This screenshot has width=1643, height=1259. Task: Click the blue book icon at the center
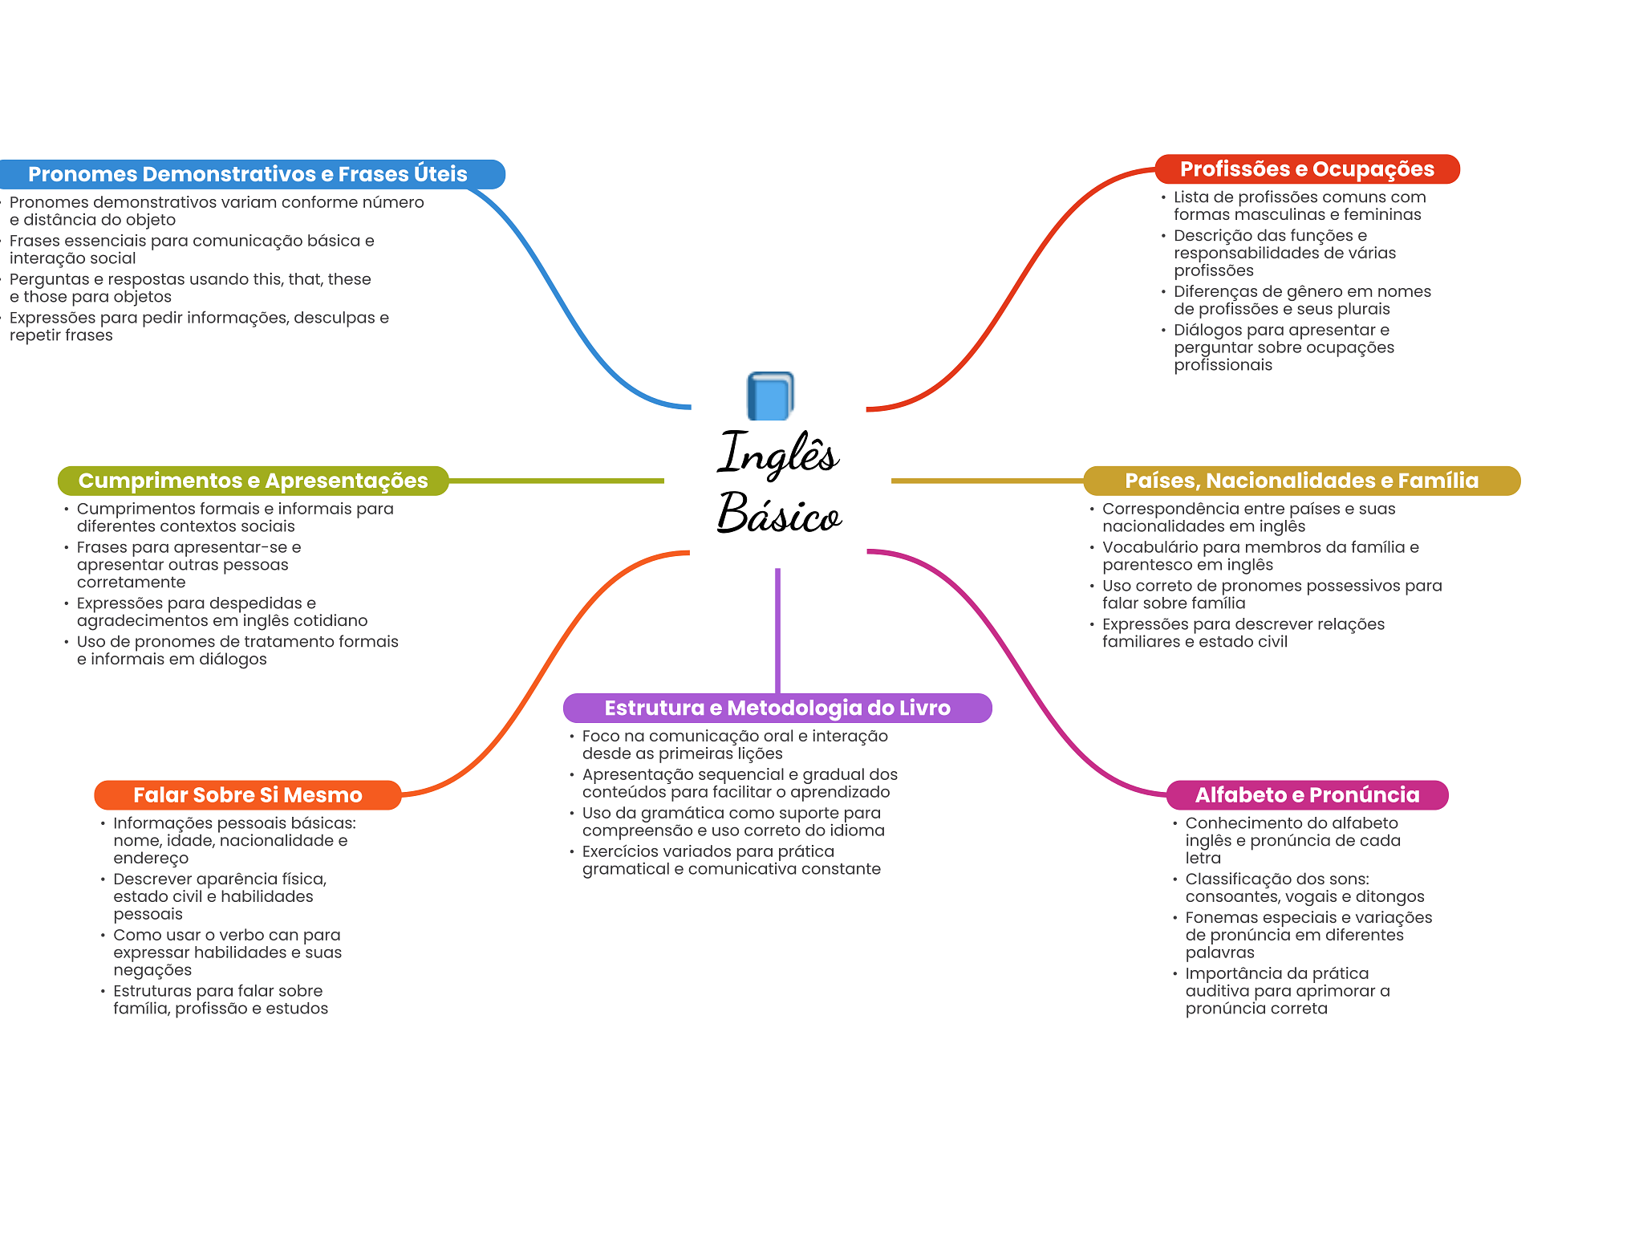click(x=770, y=396)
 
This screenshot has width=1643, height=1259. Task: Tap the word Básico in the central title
click(x=779, y=513)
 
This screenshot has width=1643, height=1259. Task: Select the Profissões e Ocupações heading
click(x=1307, y=169)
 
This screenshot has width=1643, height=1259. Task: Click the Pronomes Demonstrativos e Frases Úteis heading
click(x=247, y=174)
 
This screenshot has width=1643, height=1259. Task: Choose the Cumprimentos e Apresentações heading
click(x=253, y=481)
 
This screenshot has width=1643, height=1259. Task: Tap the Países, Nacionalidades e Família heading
click(x=1301, y=481)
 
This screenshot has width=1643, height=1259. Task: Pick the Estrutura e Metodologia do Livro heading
click(x=777, y=708)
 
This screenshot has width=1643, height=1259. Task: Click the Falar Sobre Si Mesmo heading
click(x=247, y=795)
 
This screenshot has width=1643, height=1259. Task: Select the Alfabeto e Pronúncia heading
click(x=1307, y=795)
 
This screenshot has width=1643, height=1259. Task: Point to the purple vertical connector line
click(x=777, y=631)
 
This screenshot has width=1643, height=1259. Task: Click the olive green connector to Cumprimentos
click(x=557, y=481)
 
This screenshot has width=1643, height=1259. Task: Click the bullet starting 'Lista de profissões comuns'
click(x=1300, y=205)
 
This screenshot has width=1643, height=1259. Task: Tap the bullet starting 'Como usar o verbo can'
click(x=227, y=952)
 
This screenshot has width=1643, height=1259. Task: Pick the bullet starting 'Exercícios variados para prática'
click(x=731, y=860)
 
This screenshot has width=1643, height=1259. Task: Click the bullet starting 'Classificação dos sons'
click(x=1304, y=887)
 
